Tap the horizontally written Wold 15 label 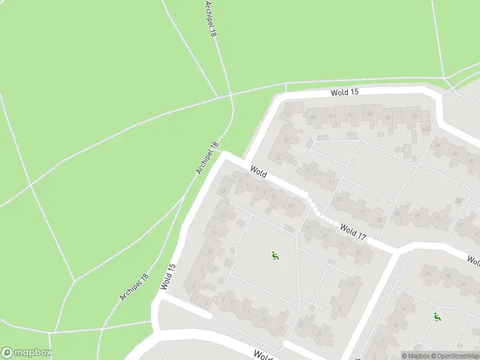[344, 92]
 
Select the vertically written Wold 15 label [168, 277]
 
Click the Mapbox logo [26, 353]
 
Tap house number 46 [350, 115]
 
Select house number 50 [368, 114]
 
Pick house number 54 [388, 117]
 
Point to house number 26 [277, 157]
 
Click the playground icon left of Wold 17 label [275, 256]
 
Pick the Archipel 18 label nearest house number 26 [207, 158]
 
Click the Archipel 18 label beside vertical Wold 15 [133, 287]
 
